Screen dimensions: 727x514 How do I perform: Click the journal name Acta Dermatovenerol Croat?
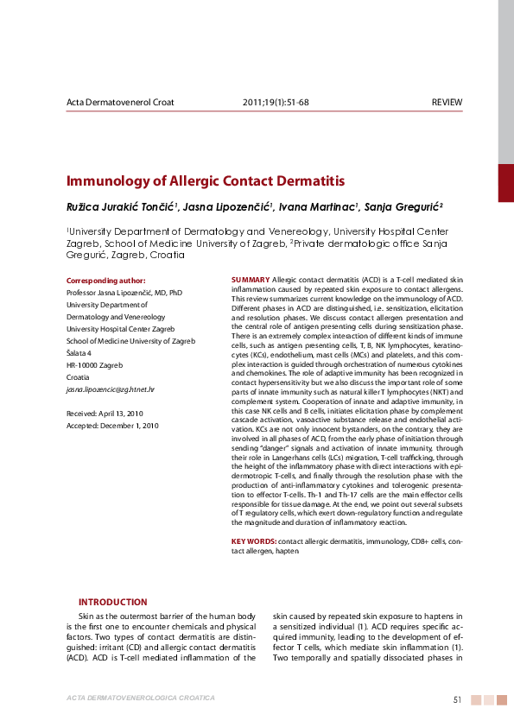pyautogui.click(x=120, y=102)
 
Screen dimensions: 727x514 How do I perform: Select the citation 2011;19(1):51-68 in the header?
pyautogui.click(x=276, y=102)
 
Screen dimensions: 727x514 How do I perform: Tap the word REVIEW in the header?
pyautogui.click(x=447, y=102)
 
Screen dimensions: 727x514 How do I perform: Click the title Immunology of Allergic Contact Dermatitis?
pyautogui.click(x=206, y=181)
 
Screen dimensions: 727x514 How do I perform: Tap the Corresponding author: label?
pyautogui.click(x=106, y=281)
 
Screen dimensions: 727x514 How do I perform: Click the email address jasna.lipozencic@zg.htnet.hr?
pyautogui.click(x=110, y=389)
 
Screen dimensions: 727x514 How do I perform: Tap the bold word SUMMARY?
pyautogui.click(x=251, y=281)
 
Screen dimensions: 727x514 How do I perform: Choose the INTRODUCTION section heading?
pyautogui.click(x=112, y=602)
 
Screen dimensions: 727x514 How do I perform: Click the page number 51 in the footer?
pyautogui.click(x=458, y=699)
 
